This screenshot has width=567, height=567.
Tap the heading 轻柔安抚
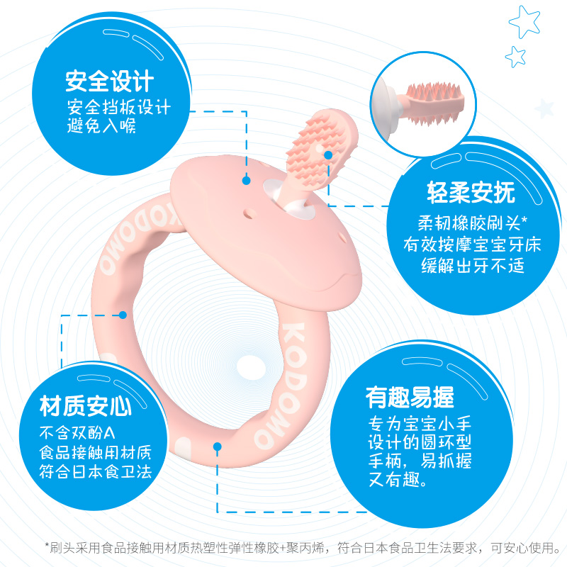461,193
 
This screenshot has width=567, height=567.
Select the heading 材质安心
86,406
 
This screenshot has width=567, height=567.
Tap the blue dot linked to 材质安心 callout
123,315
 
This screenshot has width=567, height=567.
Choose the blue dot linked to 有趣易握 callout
217,447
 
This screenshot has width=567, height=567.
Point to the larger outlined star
524,21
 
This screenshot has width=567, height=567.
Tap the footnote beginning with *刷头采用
303,547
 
